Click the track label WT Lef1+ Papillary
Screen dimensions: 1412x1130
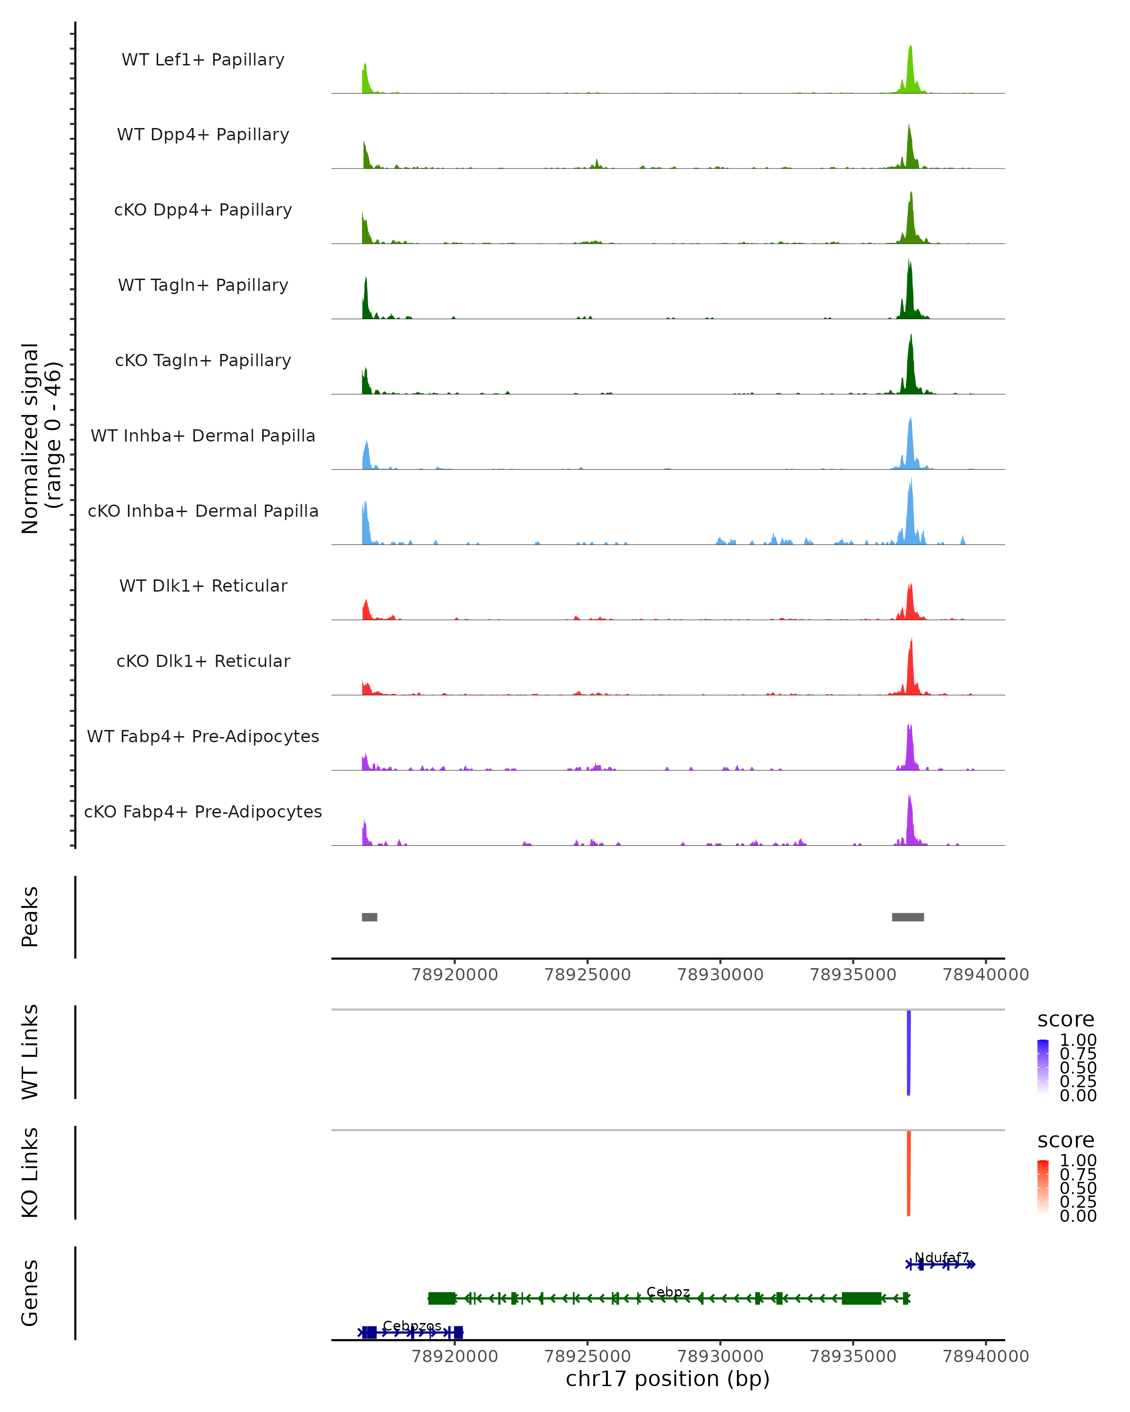(203, 60)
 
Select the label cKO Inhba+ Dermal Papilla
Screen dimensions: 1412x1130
(203, 511)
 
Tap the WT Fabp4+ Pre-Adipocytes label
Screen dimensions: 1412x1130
(203, 736)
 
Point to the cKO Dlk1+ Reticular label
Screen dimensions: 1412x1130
(203, 661)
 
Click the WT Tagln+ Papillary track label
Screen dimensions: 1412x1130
(203, 285)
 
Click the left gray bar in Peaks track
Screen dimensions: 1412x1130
(370, 917)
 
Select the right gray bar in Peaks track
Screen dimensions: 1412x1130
(908, 917)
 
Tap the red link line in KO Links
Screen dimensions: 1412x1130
(909, 1173)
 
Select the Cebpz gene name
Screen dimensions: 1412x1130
(668, 1292)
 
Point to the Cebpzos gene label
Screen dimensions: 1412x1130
(412, 1325)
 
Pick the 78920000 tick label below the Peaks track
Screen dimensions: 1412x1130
(455, 975)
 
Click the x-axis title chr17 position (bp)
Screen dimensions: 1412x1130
(668, 1379)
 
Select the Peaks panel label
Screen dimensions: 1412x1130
(30, 917)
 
